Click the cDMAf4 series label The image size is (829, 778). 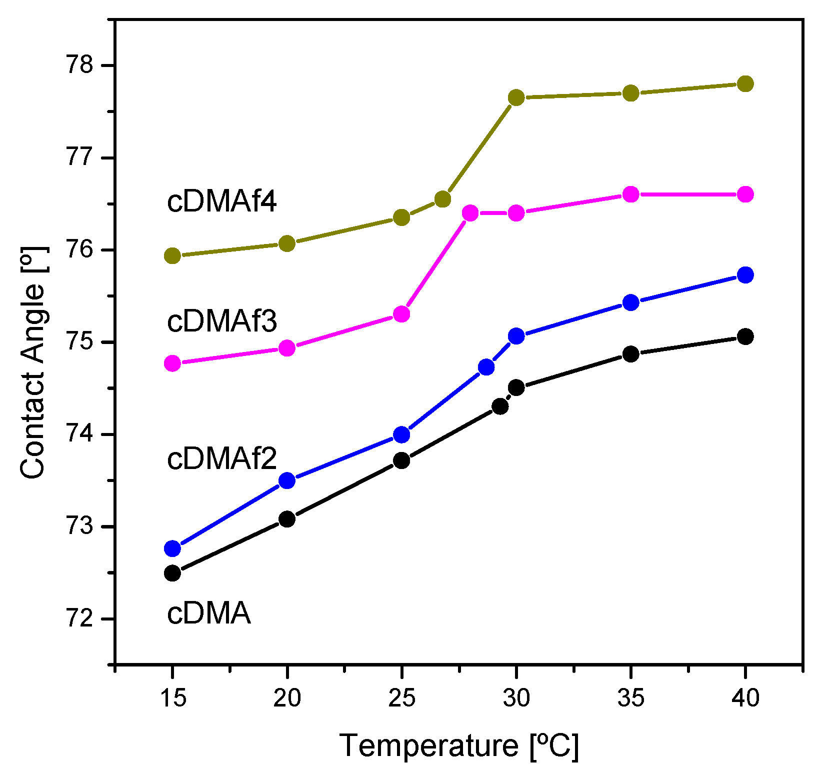[221, 201]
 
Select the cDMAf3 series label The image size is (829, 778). [221, 321]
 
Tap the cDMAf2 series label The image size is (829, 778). [221, 458]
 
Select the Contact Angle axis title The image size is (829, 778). [33, 362]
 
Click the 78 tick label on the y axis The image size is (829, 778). [80, 65]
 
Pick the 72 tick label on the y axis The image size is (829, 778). [80, 619]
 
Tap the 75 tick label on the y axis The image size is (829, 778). [80, 342]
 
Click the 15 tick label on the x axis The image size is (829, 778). [172, 697]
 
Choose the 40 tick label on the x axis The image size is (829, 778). [745, 697]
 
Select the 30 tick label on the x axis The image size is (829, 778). [516, 697]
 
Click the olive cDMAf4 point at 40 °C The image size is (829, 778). [745, 83]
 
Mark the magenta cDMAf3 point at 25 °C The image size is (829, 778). [401, 314]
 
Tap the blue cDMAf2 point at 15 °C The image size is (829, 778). [172, 548]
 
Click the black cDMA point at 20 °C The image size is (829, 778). [287, 519]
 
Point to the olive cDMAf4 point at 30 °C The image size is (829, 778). [516, 97]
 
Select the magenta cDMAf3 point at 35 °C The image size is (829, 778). [631, 194]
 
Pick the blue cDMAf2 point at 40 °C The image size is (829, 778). [745, 274]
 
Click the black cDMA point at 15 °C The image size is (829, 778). [172, 572]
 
